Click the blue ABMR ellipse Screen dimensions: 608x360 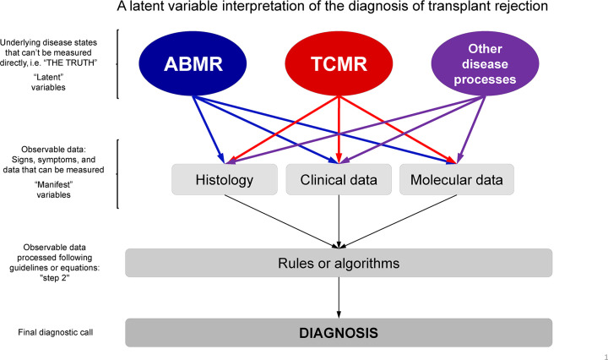[x=193, y=63]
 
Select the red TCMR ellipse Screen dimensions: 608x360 [x=339, y=63]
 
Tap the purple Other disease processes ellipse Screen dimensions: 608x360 [x=485, y=63]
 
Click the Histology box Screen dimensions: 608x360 [x=225, y=180]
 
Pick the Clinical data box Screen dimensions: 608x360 [x=339, y=180]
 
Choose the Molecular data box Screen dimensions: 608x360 [x=457, y=180]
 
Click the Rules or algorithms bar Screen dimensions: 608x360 [x=339, y=263]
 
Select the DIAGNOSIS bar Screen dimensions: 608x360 [x=339, y=333]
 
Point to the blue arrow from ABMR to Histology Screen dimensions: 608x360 [x=209, y=130]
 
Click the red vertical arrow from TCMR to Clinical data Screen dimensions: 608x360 [x=339, y=130]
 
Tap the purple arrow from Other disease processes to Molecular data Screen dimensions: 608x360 [x=471, y=130]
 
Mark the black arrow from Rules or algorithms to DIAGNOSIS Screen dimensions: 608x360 [x=339, y=297]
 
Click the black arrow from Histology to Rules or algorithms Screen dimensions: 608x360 [x=281, y=221]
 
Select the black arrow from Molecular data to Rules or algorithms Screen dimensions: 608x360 [x=398, y=221]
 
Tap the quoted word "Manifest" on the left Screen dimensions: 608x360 [x=53, y=184]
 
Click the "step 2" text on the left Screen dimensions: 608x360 [x=55, y=278]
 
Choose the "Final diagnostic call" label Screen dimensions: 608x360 [x=56, y=332]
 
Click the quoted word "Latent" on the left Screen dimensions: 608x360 [x=48, y=77]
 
